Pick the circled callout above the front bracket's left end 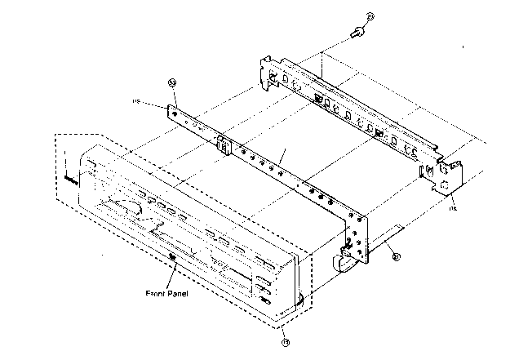(x=172, y=82)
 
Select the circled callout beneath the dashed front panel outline (x=286, y=342)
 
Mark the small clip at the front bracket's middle (x=222, y=147)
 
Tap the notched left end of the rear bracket (x=268, y=73)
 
